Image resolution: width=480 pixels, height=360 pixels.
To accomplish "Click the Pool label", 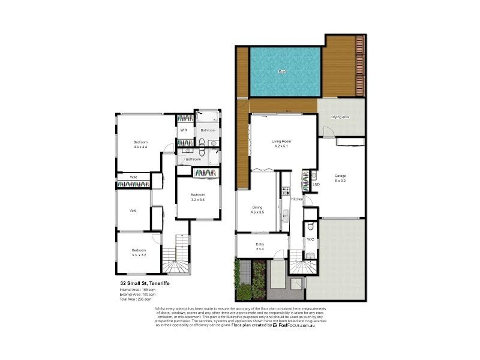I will point(282,71).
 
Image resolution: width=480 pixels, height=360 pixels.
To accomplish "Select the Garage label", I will point(341,178).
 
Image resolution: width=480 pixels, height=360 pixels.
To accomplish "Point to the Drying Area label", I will point(341,117).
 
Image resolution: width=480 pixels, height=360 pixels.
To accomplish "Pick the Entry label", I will point(260,246).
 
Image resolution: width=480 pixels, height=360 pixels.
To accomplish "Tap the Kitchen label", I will point(296,199).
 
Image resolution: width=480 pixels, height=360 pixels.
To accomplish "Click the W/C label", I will point(310,239).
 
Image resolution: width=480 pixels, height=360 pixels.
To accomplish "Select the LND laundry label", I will point(316,184).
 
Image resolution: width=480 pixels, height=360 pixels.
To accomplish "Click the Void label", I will point(133,210).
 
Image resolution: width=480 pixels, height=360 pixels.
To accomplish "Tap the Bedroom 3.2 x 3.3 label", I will point(198,197).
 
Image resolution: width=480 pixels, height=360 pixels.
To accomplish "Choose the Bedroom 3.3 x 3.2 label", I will point(139,252).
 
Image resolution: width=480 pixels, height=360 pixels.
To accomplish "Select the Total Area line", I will point(137,299).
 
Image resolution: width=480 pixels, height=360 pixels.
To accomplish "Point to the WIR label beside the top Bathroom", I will point(184,130).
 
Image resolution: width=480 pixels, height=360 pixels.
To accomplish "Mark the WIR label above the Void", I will point(134,177).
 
